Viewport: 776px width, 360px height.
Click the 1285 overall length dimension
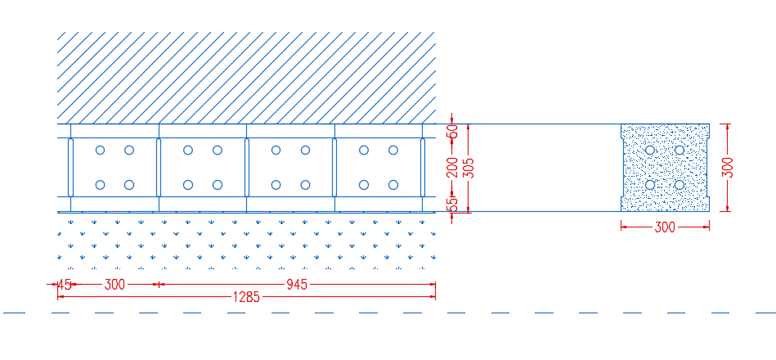pyautogui.click(x=246, y=297)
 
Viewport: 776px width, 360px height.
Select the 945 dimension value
pyautogui.click(x=297, y=285)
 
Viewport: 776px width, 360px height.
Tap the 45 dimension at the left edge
pyautogui.click(x=65, y=285)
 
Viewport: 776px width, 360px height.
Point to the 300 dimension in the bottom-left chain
pyautogui.click(x=114, y=285)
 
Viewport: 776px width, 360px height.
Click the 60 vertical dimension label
pyautogui.click(x=452, y=131)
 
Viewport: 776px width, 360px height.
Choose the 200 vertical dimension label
pyautogui.click(x=452, y=168)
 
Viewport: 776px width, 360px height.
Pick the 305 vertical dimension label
pyautogui.click(x=469, y=168)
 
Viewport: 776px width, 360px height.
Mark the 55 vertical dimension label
pyautogui.click(x=452, y=205)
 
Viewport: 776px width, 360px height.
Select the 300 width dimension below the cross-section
pyautogui.click(x=665, y=227)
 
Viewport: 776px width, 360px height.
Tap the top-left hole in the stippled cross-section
pyautogui.click(x=650, y=150)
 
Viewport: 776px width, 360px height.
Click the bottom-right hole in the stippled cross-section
pyautogui.click(x=680, y=185)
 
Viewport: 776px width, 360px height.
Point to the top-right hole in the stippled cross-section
pyautogui.click(x=680, y=150)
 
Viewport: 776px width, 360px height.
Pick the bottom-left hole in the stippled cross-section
pyautogui.click(x=650, y=185)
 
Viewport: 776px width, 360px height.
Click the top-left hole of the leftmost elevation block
pyautogui.click(x=100, y=150)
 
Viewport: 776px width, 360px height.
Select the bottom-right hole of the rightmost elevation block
pyautogui.click(x=393, y=185)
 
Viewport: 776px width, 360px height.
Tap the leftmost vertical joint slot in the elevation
pyautogui.click(x=71, y=168)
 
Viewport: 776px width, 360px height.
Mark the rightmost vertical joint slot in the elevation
pyautogui.click(x=423, y=168)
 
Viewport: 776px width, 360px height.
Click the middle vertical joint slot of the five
pyautogui.click(x=246, y=168)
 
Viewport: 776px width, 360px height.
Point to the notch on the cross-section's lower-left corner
pyautogui.click(x=623, y=204)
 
